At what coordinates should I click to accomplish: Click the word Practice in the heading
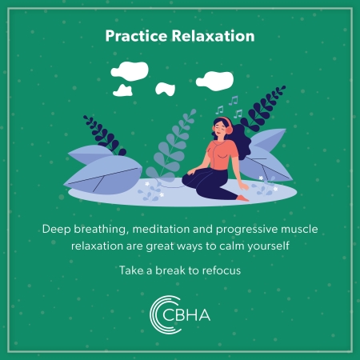(x=136, y=36)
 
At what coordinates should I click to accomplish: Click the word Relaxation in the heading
(x=213, y=36)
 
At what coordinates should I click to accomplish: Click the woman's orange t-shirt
(x=222, y=155)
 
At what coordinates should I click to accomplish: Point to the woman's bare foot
(x=242, y=198)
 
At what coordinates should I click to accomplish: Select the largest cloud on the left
(x=130, y=71)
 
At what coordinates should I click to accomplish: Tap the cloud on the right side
(x=214, y=81)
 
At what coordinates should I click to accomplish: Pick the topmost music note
(x=234, y=101)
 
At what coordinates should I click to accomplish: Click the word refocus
(x=222, y=270)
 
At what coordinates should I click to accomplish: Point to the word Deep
(x=56, y=230)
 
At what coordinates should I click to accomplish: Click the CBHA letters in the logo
(x=186, y=315)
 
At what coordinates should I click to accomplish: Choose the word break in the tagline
(x=170, y=270)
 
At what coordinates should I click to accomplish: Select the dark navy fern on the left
(x=105, y=134)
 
